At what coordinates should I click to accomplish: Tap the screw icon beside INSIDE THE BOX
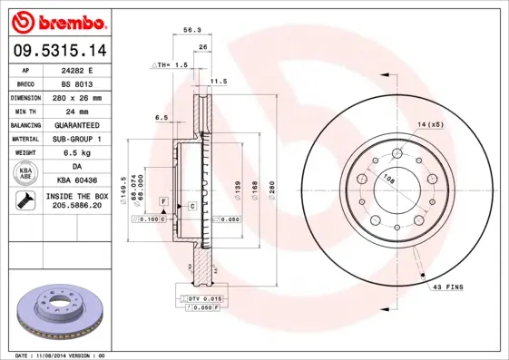click(25, 201)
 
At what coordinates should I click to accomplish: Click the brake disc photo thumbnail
click(59, 313)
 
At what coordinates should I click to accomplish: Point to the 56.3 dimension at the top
click(191, 30)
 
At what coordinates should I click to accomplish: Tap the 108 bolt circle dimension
click(388, 180)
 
